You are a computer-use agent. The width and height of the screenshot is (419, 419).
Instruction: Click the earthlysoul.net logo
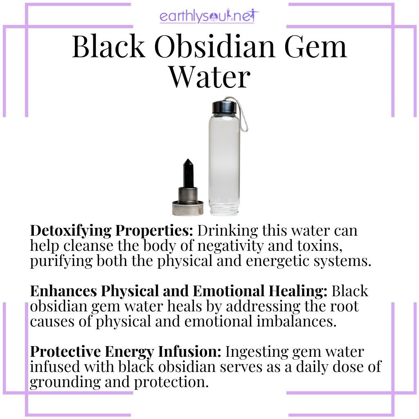[209, 17]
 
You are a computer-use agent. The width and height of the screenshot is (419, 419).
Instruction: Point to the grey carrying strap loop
[241, 115]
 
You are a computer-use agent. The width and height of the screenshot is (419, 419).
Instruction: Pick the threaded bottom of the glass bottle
[223, 209]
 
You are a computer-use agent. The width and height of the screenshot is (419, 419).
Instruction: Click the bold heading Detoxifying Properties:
[111, 230]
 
